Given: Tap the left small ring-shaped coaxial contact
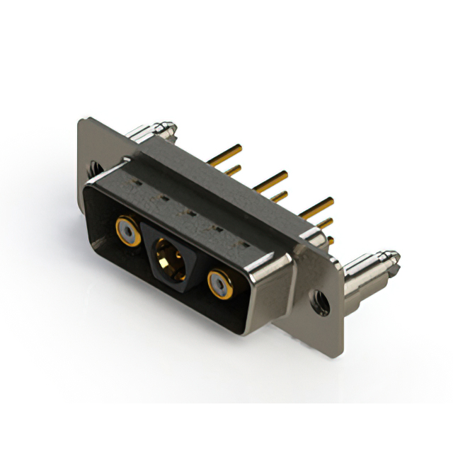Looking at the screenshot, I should [x=128, y=230].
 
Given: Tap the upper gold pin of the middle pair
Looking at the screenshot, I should [x=272, y=178].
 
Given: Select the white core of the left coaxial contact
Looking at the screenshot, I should [x=127, y=231].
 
